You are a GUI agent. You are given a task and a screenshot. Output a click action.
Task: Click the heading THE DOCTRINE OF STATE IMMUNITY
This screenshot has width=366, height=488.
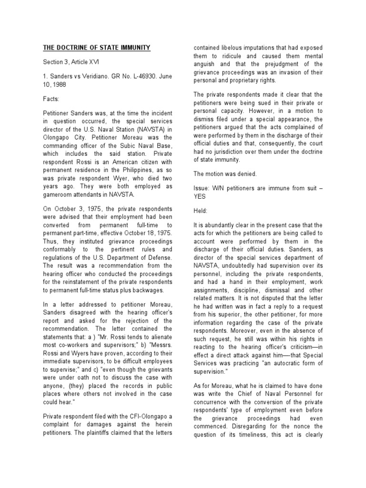(x=97, y=48)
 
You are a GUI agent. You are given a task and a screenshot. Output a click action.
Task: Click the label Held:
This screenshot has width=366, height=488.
(x=200, y=210)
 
